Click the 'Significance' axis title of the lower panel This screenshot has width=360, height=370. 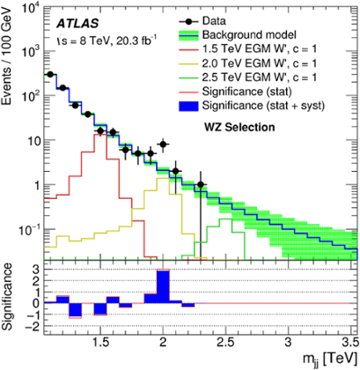[x=10, y=299]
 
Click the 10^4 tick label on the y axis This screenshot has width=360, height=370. [x=24, y=9]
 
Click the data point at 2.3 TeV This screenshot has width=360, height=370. [x=201, y=185]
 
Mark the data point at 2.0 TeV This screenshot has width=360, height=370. [x=163, y=144]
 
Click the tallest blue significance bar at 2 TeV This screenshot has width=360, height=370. [x=163, y=287]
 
